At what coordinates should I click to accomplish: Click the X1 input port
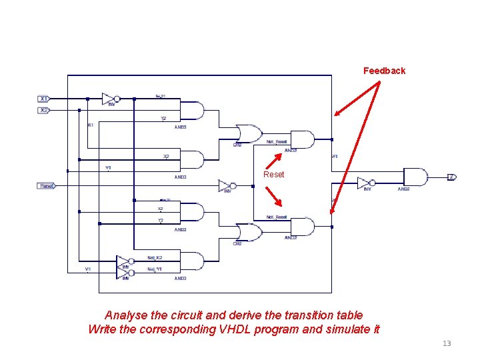(43, 99)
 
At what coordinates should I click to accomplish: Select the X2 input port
(43, 110)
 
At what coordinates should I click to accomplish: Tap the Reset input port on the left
(46, 186)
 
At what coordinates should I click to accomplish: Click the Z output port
(451, 177)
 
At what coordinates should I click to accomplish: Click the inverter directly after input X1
(110, 99)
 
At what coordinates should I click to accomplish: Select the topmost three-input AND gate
(192, 111)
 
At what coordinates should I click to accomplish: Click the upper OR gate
(249, 133)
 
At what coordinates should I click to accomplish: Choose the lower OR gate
(249, 232)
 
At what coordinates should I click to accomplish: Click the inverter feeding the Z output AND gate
(365, 183)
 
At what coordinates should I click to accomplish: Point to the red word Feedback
(384, 71)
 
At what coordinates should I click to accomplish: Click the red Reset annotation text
(273, 175)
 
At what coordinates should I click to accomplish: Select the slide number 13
(447, 343)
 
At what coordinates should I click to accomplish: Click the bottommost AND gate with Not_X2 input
(192, 261)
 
